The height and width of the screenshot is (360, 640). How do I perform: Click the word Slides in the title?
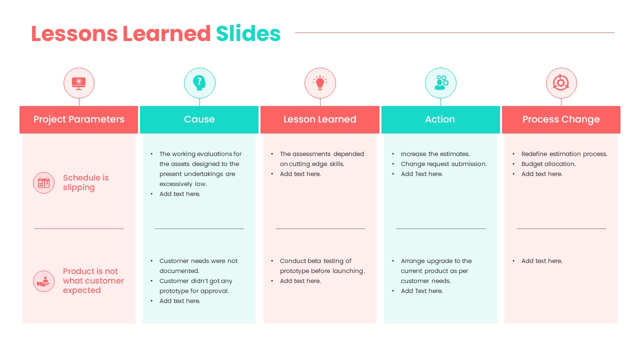(248, 33)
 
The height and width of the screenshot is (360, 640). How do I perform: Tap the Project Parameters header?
(79, 119)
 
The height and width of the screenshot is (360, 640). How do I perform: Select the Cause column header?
(199, 119)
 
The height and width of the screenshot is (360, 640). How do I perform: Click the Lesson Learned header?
(320, 119)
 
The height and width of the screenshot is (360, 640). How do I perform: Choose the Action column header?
(440, 119)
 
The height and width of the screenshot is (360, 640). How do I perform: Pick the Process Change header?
(561, 119)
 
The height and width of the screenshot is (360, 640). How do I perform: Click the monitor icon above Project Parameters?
(79, 83)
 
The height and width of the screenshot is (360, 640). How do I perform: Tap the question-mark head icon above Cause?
(199, 83)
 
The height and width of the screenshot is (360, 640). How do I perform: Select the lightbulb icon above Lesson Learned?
(320, 83)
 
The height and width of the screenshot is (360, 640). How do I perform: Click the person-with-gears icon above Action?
(440, 83)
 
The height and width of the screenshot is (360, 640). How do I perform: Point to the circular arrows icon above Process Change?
(561, 83)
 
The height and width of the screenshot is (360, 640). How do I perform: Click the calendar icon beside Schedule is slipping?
(44, 182)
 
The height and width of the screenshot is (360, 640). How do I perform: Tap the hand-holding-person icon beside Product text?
(44, 281)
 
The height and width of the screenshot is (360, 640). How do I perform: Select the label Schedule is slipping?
(85, 182)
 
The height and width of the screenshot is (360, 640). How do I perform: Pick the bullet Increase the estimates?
(435, 154)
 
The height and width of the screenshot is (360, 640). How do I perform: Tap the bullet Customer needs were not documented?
(198, 265)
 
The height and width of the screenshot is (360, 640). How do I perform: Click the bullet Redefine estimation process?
(564, 154)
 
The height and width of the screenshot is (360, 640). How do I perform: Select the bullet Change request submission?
(443, 164)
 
